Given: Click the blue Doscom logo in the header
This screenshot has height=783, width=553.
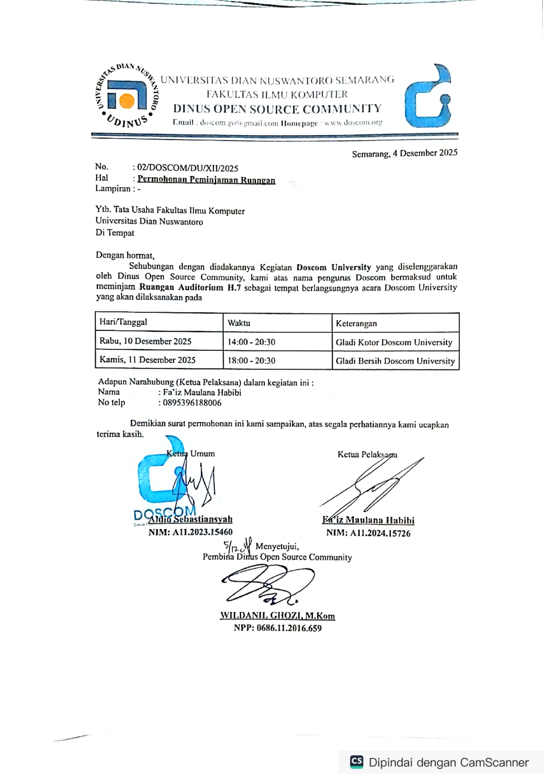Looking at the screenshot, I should point(428,96).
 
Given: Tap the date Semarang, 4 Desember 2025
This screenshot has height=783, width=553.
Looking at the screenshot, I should point(404,153).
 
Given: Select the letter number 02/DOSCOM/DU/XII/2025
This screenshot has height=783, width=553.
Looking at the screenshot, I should point(187,168).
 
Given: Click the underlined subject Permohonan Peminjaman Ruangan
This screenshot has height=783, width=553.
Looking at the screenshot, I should point(206,180).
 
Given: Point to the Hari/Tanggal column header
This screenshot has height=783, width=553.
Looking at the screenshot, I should point(123,322).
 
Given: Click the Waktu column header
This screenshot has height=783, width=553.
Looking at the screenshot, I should point(239,323).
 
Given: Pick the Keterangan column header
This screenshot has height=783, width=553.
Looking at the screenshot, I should point(356,323).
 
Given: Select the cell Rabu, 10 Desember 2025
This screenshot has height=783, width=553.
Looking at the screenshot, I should point(146,341).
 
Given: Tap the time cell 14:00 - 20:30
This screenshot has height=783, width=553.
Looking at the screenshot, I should point(252,342).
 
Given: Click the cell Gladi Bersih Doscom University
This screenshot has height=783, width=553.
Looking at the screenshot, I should point(395,361).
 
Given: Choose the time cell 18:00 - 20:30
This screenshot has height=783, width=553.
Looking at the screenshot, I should point(252,361).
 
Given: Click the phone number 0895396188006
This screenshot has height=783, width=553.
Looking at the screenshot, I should point(192,403).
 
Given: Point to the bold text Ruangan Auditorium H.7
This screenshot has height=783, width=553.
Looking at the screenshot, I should point(190,287).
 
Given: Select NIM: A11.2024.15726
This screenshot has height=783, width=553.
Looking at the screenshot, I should point(368,533).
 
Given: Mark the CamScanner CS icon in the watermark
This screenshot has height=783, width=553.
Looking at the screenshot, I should point(357,761).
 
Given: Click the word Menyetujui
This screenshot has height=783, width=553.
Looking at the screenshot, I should point(277,546).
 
